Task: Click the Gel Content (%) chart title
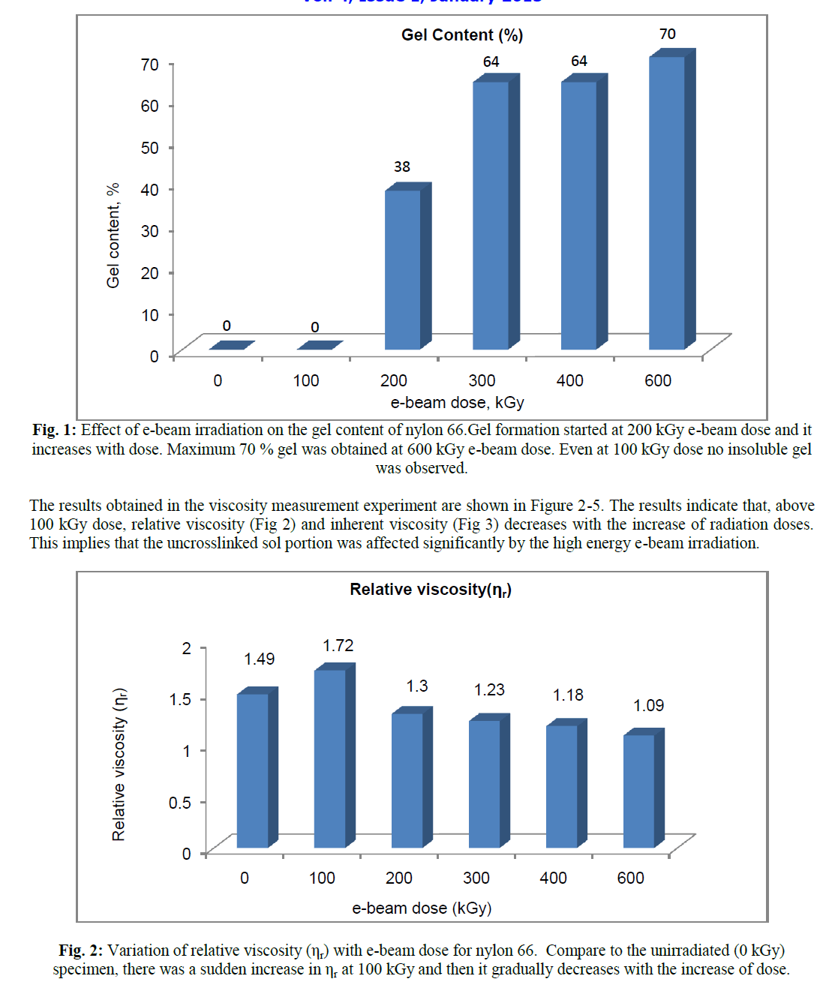pyautogui.click(x=462, y=35)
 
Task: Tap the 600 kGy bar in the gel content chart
pyautogui.click(x=667, y=203)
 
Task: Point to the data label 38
pyautogui.click(x=402, y=167)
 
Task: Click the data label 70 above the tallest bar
pyautogui.click(x=667, y=35)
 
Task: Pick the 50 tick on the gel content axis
pyautogui.click(x=150, y=148)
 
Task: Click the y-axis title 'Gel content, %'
pyautogui.click(x=113, y=235)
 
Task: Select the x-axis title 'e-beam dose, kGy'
pyautogui.click(x=457, y=403)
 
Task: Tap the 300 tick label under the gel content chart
pyautogui.click(x=482, y=381)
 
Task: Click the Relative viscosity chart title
pyautogui.click(x=431, y=590)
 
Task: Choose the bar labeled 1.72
pyautogui.click(x=330, y=758)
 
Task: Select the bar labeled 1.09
pyautogui.click(x=639, y=791)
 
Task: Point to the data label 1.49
pyautogui.click(x=259, y=659)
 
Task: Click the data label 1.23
pyautogui.click(x=489, y=689)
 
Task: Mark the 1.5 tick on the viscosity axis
pyautogui.click(x=180, y=699)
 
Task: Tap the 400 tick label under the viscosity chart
pyautogui.click(x=554, y=878)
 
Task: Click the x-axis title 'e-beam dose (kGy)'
pyautogui.click(x=422, y=908)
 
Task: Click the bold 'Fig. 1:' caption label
pyautogui.click(x=54, y=430)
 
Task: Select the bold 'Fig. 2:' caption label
pyautogui.click(x=81, y=950)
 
